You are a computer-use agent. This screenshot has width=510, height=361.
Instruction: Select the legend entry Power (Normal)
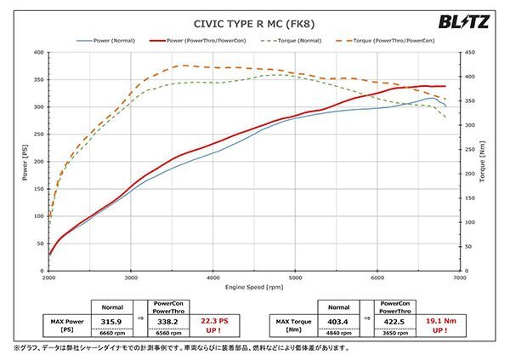[x=108, y=40]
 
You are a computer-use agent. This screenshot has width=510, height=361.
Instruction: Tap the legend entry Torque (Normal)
[x=298, y=40]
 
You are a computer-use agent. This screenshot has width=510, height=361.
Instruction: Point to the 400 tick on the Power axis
[x=37, y=53]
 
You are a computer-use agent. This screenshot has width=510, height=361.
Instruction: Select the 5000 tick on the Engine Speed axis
[x=295, y=278]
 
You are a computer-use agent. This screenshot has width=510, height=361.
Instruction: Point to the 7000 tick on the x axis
[x=459, y=278]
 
